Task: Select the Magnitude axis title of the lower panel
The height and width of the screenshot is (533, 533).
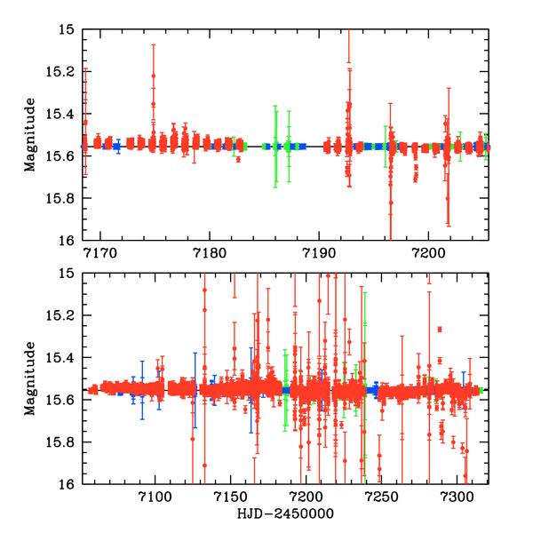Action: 31,378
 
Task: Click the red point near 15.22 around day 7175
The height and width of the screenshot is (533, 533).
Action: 153,76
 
